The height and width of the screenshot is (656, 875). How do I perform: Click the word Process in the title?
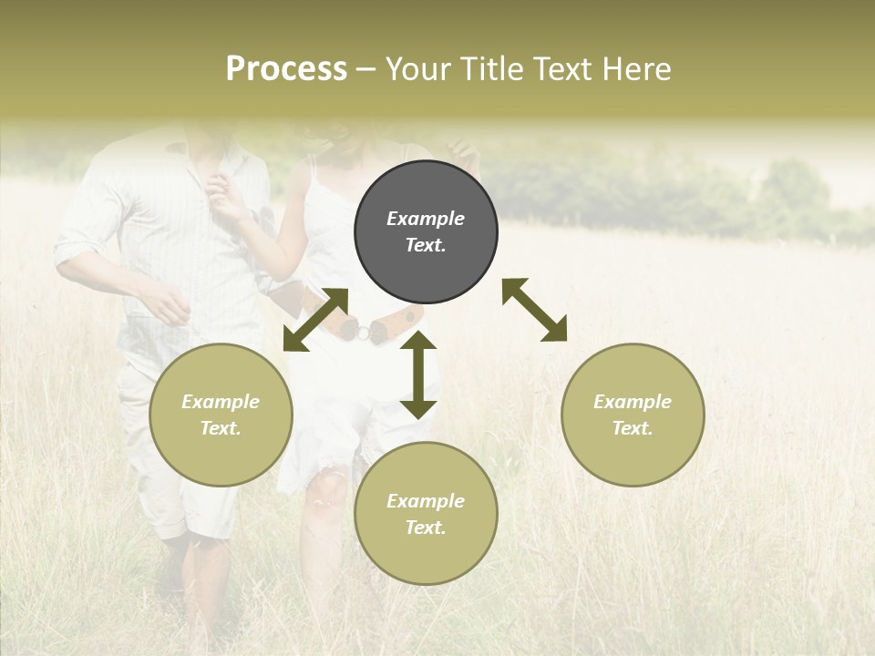286,69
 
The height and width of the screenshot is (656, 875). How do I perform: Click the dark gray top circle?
426,232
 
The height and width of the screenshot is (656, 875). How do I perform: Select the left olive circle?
221,415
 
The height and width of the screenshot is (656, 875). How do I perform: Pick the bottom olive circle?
426,514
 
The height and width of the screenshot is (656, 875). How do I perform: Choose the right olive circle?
633,415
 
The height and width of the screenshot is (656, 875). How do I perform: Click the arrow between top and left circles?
315,319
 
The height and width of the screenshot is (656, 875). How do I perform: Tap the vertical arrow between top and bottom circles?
418,374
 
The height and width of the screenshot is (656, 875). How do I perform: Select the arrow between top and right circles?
534,310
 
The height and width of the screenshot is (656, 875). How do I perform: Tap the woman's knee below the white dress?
324,483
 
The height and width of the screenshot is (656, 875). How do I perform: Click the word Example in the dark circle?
426,219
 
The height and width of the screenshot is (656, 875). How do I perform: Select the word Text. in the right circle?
633,428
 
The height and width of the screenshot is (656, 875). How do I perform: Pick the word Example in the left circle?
221,402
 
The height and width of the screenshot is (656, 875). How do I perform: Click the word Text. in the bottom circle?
426,528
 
